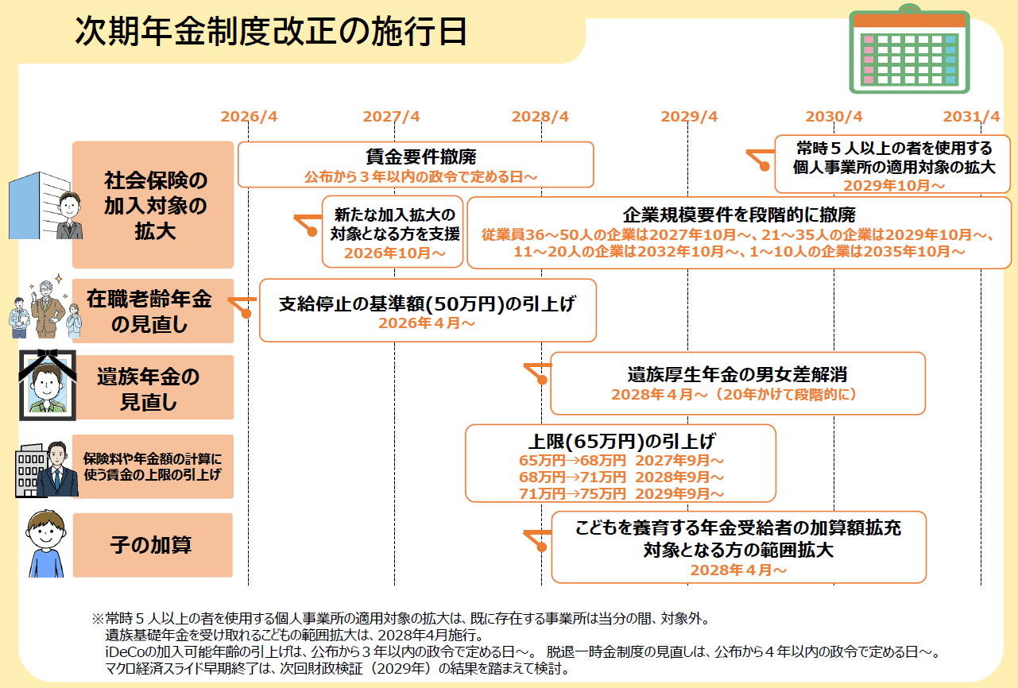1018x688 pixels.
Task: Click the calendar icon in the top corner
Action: pos(909,48)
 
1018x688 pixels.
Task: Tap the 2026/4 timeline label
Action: pos(249,117)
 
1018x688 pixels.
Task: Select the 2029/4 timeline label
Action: pos(689,117)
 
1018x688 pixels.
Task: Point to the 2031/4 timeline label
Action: pos(971,117)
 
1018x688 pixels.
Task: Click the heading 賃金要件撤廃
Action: pos(421,157)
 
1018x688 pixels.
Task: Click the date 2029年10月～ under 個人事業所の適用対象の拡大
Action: pos(894,185)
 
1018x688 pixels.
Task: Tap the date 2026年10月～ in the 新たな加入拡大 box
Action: pos(394,253)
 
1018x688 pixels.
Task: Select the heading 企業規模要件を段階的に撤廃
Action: pos(739,215)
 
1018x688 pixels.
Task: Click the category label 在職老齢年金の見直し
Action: pos(149,311)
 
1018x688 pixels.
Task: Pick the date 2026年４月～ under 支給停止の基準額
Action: pos(427,323)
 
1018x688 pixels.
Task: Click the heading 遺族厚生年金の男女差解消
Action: pos(737,374)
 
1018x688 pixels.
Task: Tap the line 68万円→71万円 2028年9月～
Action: pos(621,477)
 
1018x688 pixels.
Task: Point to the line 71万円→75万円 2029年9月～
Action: pos(621,494)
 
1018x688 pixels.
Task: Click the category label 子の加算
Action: pos(150,545)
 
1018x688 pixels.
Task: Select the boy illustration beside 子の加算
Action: pos(46,543)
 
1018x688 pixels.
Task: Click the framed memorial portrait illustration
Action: pos(47,385)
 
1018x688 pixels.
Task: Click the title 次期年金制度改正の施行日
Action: pos(271,31)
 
